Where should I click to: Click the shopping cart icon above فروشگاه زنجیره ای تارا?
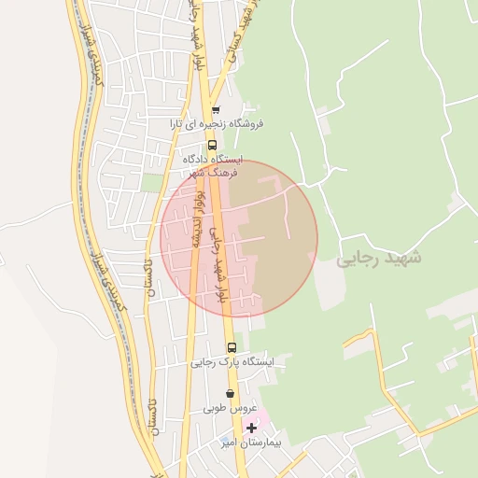(x=216, y=110)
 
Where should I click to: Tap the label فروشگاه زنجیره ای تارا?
(x=217, y=123)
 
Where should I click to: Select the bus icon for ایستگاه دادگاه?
(x=212, y=145)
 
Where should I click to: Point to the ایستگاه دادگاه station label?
(x=214, y=159)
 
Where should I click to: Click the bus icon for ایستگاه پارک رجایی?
(x=232, y=347)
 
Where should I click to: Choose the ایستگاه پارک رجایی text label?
(x=234, y=361)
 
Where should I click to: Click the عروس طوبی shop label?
(x=223, y=409)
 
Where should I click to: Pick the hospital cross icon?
(x=250, y=429)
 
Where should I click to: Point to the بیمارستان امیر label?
(x=249, y=443)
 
